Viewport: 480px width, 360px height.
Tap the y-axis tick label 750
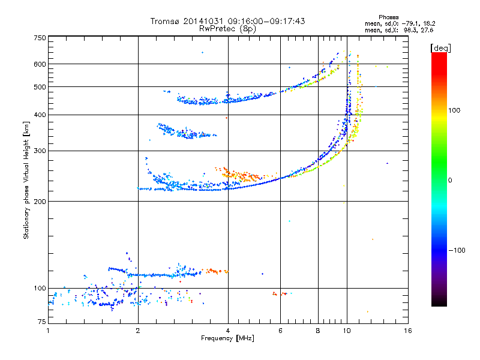[40, 38]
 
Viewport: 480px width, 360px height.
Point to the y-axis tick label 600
[40, 64]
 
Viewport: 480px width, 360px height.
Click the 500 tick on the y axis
[40, 87]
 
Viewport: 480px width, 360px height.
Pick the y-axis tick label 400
[40, 115]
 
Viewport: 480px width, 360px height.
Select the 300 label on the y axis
[40, 151]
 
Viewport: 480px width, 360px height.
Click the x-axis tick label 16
[407, 331]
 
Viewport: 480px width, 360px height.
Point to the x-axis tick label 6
[280, 331]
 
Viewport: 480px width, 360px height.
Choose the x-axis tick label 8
[318, 331]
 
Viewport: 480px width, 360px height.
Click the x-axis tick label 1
[49, 331]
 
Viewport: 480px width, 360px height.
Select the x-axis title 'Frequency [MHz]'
[228, 339]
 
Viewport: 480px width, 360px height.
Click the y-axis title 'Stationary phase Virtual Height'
[26, 180]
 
